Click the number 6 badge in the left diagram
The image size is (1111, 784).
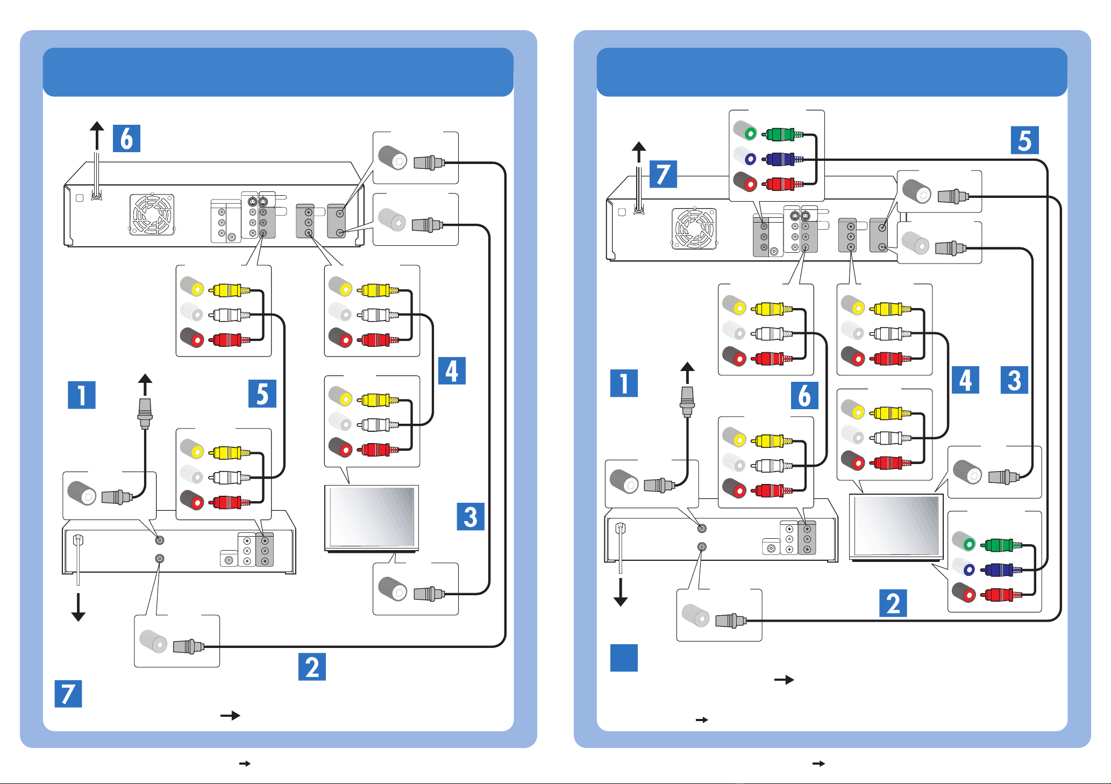(x=126, y=138)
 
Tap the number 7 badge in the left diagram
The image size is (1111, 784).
(x=68, y=694)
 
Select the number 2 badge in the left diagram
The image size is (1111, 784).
(x=312, y=666)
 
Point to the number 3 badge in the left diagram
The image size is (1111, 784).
(x=471, y=516)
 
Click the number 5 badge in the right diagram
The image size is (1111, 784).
(x=1024, y=140)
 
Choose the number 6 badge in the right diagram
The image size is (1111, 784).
(x=804, y=395)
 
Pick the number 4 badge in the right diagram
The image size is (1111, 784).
(x=965, y=380)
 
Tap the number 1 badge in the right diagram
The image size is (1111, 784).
(x=624, y=383)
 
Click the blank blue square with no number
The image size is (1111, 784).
(x=624, y=658)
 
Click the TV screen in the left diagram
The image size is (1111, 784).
(x=372, y=517)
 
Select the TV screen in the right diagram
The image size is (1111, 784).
(x=896, y=526)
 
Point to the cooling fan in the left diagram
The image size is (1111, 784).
(x=152, y=215)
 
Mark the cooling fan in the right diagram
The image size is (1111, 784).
(x=694, y=229)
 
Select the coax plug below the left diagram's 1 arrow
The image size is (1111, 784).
(x=145, y=413)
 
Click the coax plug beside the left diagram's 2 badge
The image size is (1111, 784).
(x=189, y=646)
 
